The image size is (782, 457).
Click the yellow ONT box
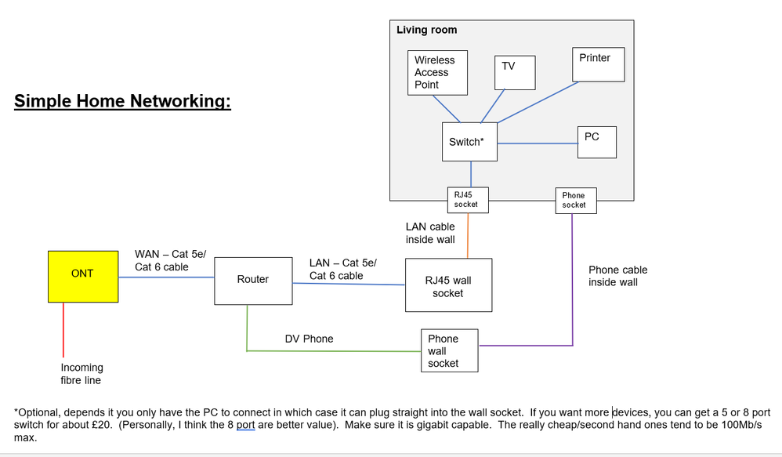[x=82, y=277]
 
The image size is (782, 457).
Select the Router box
[x=253, y=279]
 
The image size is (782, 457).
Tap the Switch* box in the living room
[x=469, y=142]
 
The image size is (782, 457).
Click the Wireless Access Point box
[x=438, y=73]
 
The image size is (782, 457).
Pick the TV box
[x=515, y=72]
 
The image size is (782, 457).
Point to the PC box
[x=596, y=142]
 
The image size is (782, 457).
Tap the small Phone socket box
[x=574, y=200]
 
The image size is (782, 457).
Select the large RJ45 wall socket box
[x=448, y=286]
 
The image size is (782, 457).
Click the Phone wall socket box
[x=450, y=350]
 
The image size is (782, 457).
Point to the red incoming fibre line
[x=63, y=330]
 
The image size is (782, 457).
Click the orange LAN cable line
[x=469, y=234]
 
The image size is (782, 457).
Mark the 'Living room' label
[x=427, y=30]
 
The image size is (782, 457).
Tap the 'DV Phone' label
[x=309, y=339]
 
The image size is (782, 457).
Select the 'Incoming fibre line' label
[x=82, y=374]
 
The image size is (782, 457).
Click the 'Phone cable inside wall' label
[x=617, y=276]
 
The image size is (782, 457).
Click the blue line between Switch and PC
[x=537, y=143]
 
